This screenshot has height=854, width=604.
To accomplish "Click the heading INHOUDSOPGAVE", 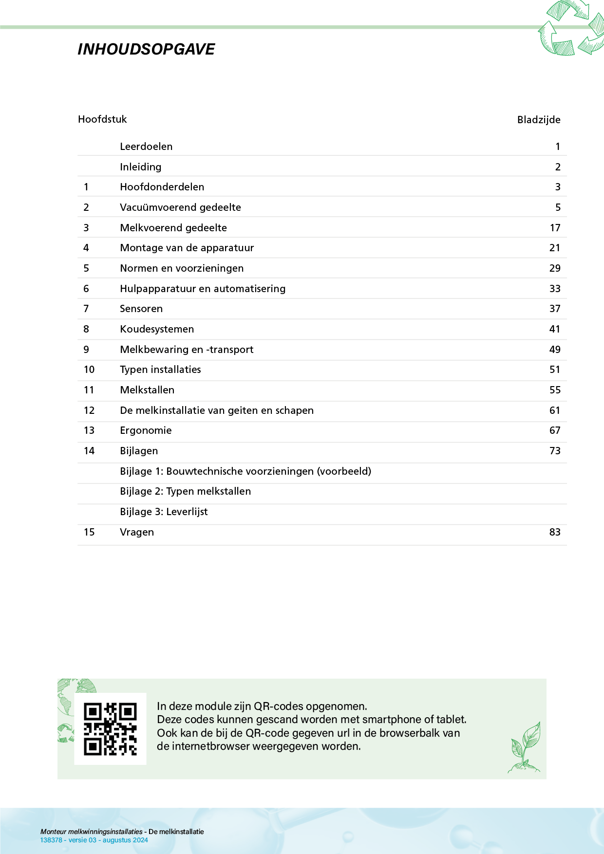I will tap(146, 49).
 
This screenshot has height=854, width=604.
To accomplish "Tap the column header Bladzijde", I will tap(538, 120).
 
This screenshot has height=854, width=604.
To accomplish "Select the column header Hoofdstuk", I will tap(102, 119).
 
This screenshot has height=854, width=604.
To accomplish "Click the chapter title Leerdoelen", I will tap(146, 147).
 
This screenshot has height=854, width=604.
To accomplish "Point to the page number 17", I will tap(555, 228).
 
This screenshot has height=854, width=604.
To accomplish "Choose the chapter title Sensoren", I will tap(141, 309).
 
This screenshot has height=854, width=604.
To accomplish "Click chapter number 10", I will tap(89, 370).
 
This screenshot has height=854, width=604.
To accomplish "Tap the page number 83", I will tap(555, 532).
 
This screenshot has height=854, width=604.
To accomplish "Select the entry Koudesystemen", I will tap(157, 329).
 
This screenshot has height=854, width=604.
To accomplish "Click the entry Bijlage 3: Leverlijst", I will tap(164, 512).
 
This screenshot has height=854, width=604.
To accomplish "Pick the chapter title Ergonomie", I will tap(146, 430).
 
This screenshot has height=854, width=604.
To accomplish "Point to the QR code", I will tap(110, 729).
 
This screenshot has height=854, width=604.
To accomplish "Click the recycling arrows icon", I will tap(571, 28).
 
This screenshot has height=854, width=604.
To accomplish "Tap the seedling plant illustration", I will tap(525, 748).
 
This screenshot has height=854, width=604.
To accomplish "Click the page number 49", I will tap(555, 350).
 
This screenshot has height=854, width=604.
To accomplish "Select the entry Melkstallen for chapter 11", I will tap(147, 390).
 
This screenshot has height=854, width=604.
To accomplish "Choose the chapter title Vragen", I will tap(137, 532).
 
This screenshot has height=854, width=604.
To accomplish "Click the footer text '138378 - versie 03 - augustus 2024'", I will tap(94, 840).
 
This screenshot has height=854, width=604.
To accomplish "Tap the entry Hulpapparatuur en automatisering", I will tap(203, 289).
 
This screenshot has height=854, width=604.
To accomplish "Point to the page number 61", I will tap(555, 410).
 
